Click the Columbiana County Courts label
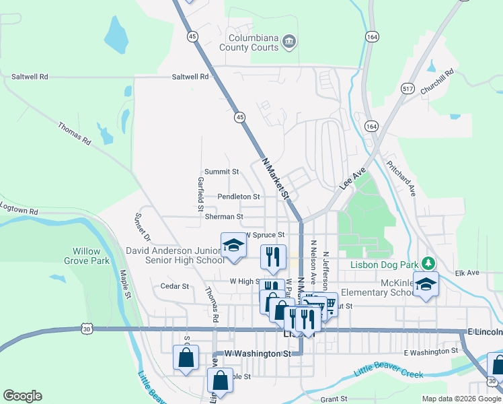coord(253,43)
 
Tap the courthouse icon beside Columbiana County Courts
coord(288,42)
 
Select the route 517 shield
coord(408,88)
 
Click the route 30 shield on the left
coord(87,329)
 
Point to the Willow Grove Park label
coord(87,256)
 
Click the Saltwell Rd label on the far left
coord(30,77)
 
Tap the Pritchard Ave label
coord(401,177)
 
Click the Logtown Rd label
coord(20,211)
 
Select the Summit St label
coord(222,172)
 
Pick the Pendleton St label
coord(239,197)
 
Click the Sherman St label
coord(225,217)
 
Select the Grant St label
coord(334,399)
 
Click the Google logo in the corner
coord(22,396)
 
